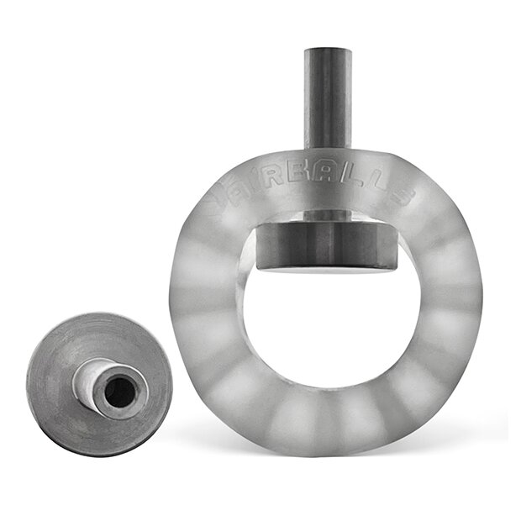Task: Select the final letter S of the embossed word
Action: [402, 195]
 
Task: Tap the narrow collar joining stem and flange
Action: [327, 216]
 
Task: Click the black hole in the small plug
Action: [120, 392]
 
